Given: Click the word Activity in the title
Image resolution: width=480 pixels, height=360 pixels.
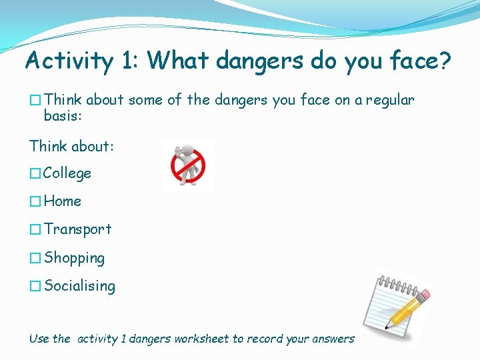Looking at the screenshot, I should pyautogui.click(x=69, y=61).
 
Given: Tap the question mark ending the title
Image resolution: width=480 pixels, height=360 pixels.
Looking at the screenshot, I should pyautogui.click(x=444, y=61).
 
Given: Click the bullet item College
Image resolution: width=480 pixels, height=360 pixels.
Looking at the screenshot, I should pyautogui.click(x=67, y=173).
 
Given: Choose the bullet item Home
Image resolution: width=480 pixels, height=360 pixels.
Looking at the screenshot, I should pyautogui.click(x=63, y=201).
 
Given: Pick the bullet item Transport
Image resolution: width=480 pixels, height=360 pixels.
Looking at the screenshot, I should pyautogui.click(x=78, y=229).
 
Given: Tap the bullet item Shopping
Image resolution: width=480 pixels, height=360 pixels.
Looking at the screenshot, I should pyautogui.click(x=74, y=258).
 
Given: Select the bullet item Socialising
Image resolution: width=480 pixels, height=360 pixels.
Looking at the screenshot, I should pyautogui.click(x=79, y=286).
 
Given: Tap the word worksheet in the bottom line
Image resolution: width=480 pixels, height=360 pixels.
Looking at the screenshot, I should pyautogui.click(x=201, y=339).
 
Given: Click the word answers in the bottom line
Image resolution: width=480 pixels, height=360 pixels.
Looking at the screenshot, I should pyautogui.click(x=333, y=339).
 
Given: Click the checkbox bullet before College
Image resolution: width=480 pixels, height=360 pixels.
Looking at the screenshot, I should pyautogui.click(x=35, y=174).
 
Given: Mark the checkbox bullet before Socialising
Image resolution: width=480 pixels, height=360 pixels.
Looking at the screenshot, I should pyautogui.click(x=35, y=287).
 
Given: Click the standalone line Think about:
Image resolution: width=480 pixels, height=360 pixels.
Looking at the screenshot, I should pyautogui.click(x=71, y=145).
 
